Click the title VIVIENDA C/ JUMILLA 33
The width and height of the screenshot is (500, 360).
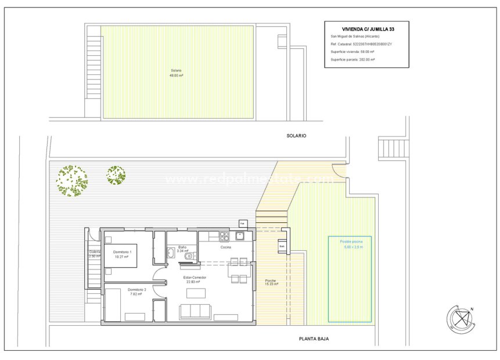point(366,28)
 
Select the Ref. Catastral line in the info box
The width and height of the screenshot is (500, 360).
point(360,44)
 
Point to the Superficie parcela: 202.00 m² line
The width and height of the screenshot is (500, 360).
point(352,60)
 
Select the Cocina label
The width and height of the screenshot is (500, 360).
point(225,247)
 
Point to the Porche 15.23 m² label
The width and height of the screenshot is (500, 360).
point(271,282)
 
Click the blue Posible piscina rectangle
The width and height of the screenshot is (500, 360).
point(350,279)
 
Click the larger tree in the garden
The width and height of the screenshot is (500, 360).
point(72,181)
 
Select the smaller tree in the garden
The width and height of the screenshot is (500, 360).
point(116,175)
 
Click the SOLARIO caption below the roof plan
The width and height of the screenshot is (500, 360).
point(296,135)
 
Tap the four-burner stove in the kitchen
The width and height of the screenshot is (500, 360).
point(224,236)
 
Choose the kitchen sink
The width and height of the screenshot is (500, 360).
point(240,236)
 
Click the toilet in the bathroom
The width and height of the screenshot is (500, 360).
point(189,257)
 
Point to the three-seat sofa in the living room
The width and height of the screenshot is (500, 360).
point(195,311)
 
